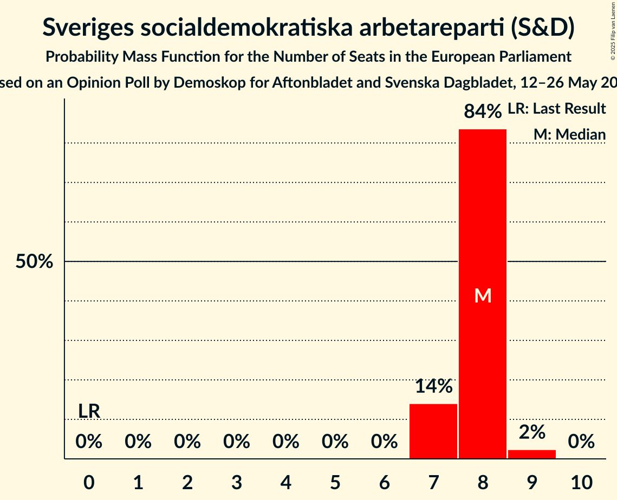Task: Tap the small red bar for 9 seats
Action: point(531,454)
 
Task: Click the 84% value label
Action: point(482,112)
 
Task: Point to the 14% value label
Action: point(433,386)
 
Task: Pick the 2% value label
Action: point(531,432)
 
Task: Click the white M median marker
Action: point(482,295)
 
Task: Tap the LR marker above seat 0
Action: point(89,411)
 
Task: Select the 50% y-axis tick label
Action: point(34,262)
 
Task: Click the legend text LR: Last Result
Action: point(556,109)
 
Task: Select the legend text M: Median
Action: point(569,134)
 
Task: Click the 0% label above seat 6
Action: point(384,442)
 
